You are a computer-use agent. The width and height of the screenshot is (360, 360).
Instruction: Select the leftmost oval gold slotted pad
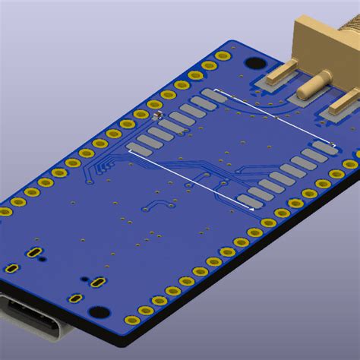point(12,268)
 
